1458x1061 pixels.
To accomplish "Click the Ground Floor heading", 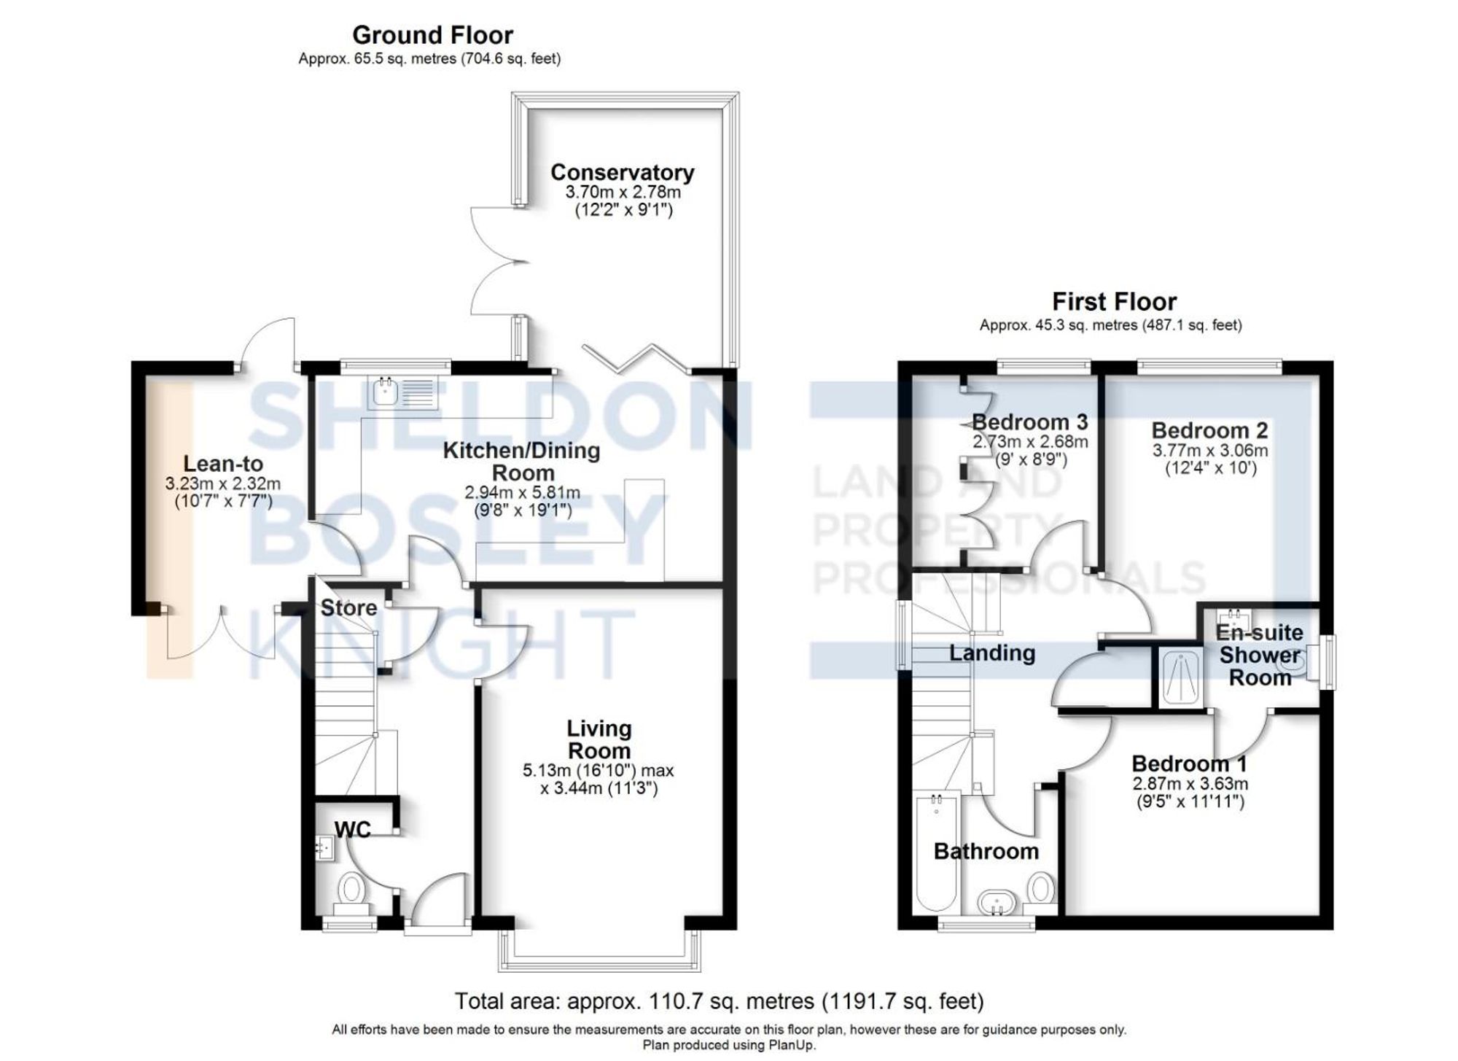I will click(x=432, y=35).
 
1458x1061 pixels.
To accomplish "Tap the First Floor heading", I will click(x=1113, y=302).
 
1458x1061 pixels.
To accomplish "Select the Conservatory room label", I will click(x=622, y=173).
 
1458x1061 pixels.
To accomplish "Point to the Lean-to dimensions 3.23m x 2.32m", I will click(x=222, y=483).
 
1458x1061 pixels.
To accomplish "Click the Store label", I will click(x=348, y=607).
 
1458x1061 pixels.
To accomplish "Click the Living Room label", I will click(x=599, y=739).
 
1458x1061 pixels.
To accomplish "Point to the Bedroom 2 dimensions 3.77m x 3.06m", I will click(x=1209, y=451).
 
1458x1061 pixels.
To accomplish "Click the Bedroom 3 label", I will click(x=1029, y=422).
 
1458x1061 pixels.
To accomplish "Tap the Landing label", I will click(x=991, y=653).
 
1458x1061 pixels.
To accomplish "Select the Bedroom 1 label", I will click(x=1189, y=764).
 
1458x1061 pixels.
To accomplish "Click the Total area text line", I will click(x=719, y=1001).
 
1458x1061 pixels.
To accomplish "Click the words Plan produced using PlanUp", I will click(x=728, y=1045).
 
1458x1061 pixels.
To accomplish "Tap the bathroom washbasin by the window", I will click(x=997, y=903).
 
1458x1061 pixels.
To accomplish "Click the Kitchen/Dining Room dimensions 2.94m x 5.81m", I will click(x=522, y=492).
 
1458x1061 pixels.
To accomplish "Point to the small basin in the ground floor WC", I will click(x=324, y=848).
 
